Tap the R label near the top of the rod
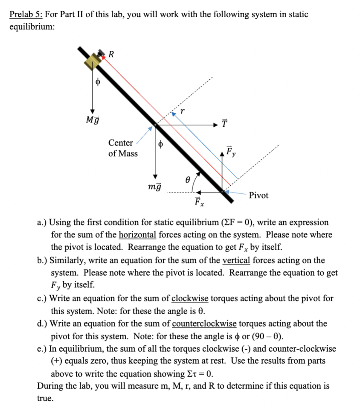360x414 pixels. coord(111,54)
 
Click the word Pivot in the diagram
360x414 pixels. coord(259,195)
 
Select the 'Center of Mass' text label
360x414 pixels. coord(122,148)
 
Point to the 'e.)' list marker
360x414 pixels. coord(42,349)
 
